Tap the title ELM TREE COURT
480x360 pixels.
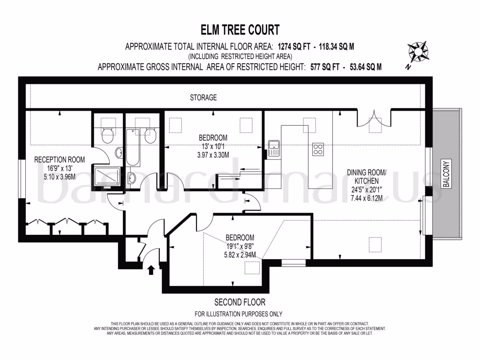[x=240, y=30]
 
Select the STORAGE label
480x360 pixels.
[x=203, y=97]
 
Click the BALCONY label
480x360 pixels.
[x=446, y=174]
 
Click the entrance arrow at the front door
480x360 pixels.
[x=151, y=270]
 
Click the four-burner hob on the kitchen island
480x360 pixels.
[x=318, y=149]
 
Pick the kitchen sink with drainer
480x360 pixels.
[x=273, y=148]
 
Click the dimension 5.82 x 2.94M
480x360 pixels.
[x=240, y=255]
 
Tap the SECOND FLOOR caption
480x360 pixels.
[x=240, y=302]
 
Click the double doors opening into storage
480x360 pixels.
[x=373, y=118]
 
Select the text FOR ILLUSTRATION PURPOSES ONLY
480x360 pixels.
[x=239, y=314]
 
